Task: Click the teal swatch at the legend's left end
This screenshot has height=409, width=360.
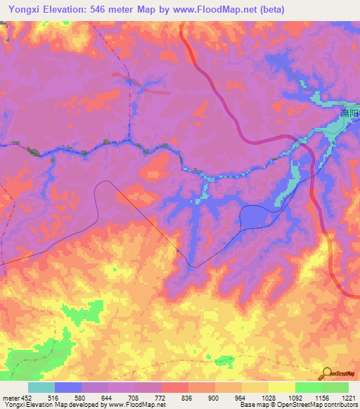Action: pos(41,387)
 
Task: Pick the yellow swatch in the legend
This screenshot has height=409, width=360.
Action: pos(282,387)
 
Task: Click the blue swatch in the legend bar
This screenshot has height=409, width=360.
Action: pos(68,387)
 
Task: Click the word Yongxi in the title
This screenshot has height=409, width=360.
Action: pos(22,8)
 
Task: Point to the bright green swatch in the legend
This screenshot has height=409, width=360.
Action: pos(309,387)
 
